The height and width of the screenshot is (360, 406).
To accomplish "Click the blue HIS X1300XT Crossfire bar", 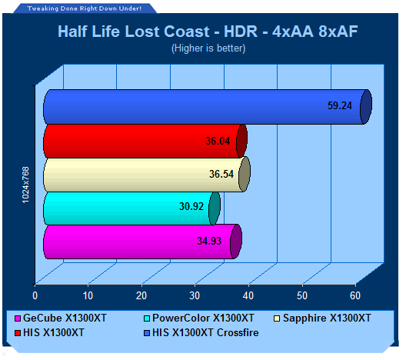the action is click(x=207, y=107).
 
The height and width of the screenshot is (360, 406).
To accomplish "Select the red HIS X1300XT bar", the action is click(x=145, y=141).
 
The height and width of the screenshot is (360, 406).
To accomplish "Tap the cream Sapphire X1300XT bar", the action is click(x=147, y=175).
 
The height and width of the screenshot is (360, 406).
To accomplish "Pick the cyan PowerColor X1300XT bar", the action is click(x=131, y=208).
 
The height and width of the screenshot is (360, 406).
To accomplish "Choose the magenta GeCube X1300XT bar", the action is click(x=142, y=242).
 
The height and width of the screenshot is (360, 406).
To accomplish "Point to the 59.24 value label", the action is click(x=340, y=105).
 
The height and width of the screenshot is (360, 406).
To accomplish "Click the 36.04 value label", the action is click(x=218, y=141).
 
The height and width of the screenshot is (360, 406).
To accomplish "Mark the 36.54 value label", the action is click(x=221, y=174).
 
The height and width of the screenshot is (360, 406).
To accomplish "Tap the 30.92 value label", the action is click(x=191, y=206).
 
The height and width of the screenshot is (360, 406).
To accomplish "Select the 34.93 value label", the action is click(x=209, y=241).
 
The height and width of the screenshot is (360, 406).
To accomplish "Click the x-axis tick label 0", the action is click(x=35, y=296).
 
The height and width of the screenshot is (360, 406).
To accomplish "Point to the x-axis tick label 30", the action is click(x=195, y=296).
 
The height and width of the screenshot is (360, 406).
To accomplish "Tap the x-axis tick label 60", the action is click(x=355, y=296).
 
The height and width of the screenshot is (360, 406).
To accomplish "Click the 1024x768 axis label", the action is click(x=25, y=185).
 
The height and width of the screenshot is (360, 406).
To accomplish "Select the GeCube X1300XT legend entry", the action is click(x=61, y=318).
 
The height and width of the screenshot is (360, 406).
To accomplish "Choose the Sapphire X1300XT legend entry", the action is click(x=322, y=318).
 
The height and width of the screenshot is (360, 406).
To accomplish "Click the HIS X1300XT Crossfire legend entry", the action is click(x=201, y=333).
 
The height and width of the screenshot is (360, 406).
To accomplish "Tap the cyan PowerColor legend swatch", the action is click(x=147, y=318).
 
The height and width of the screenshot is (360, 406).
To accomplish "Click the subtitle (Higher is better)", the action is click(x=208, y=48).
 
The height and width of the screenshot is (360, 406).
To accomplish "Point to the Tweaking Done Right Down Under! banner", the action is click(x=85, y=8).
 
